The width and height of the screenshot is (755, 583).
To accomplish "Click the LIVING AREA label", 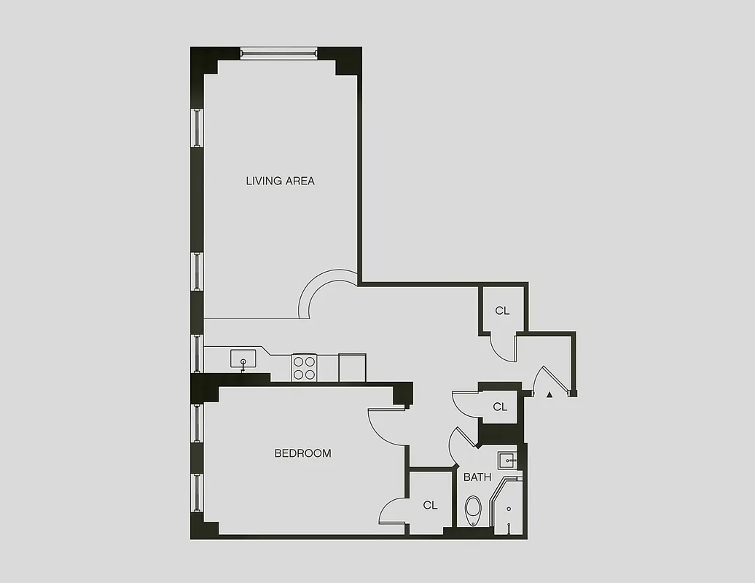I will pyautogui.click(x=280, y=181).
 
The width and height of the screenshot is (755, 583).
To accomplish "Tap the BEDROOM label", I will pyautogui.click(x=302, y=453).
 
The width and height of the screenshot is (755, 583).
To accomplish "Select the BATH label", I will pyautogui.click(x=477, y=477).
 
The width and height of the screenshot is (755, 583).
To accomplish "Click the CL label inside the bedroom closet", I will pyautogui.click(x=430, y=505).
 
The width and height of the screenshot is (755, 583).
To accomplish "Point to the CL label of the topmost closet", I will pyautogui.click(x=502, y=311).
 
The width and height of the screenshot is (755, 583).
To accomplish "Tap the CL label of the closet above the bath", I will pyautogui.click(x=500, y=407).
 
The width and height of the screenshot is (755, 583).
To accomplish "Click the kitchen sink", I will pyautogui.click(x=243, y=359).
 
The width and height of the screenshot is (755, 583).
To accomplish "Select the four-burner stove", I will pyautogui.click(x=304, y=367).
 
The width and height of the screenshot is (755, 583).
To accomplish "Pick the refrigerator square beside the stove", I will pyautogui.click(x=352, y=367).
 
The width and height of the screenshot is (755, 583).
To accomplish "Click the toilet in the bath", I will pyautogui.click(x=474, y=510).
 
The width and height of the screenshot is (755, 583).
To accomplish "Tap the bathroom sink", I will pyautogui.click(x=507, y=460).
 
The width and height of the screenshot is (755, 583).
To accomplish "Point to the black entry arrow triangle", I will pyautogui.click(x=549, y=394).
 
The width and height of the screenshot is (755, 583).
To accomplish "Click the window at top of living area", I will pyautogui.click(x=279, y=52).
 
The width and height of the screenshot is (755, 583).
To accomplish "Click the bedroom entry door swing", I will pyautogui.click(x=384, y=429).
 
